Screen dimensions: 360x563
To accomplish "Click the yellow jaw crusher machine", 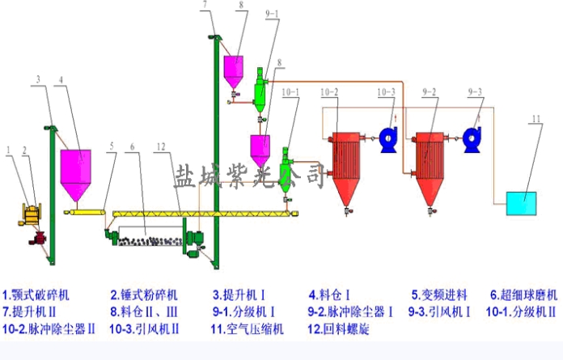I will [29, 214].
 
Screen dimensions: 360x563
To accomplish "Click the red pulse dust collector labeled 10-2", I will [345, 166].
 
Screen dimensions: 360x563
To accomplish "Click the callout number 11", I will [535, 120].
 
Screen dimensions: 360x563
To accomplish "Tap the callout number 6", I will [133, 146].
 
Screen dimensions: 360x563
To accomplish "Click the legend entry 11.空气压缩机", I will [243, 329].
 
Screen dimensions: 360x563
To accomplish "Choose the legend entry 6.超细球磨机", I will [525, 294].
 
